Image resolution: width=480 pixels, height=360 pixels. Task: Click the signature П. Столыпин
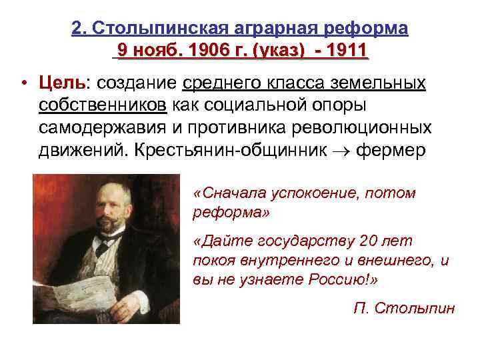[x=404, y=307]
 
